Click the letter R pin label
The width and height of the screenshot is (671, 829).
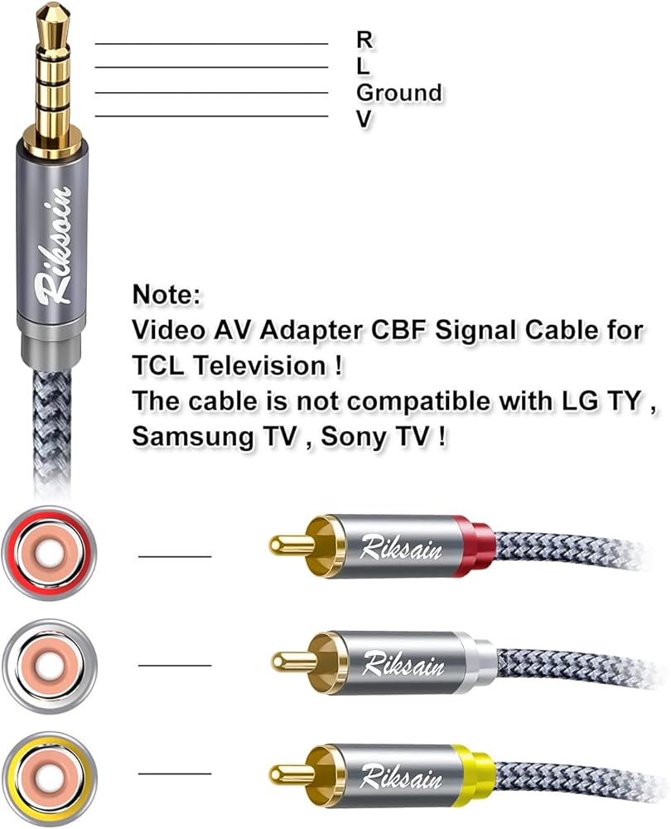pos(364,38)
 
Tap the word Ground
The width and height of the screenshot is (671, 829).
pos(398,92)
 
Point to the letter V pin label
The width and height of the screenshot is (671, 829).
pos(364,119)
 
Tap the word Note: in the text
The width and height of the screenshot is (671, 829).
pos(167,294)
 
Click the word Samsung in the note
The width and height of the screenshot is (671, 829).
pos(191,437)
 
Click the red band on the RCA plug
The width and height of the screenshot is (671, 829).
pos(474,546)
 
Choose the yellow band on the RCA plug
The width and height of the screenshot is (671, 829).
pos(474,774)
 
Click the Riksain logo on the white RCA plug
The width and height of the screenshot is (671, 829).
pos(403,664)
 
